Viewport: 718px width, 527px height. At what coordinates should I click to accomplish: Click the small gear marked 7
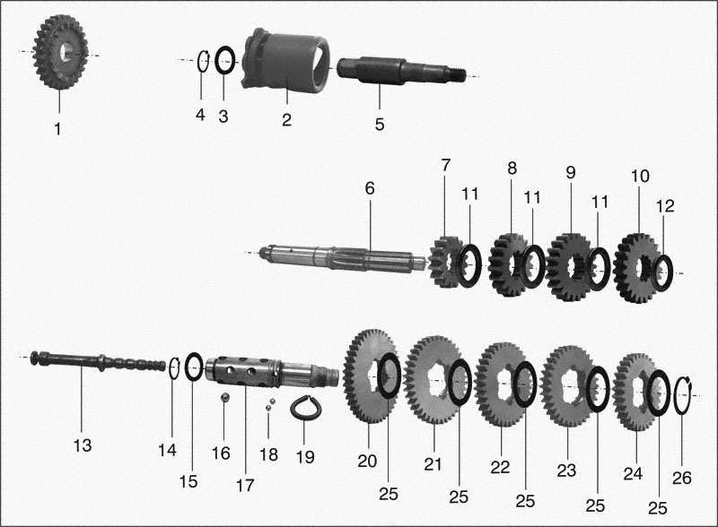[445, 263]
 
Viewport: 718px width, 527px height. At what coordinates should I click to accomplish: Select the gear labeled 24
[635, 392]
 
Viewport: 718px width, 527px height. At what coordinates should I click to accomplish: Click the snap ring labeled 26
[683, 395]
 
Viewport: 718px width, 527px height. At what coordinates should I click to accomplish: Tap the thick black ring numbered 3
[225, 59]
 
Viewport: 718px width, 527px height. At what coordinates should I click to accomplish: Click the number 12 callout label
[665, 206]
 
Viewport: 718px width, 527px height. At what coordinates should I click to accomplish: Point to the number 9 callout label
[570, 172]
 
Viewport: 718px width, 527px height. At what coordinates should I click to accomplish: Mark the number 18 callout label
[268, 454]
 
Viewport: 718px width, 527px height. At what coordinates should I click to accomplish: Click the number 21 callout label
[433, 464]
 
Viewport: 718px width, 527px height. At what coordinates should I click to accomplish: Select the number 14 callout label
[167, 450]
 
